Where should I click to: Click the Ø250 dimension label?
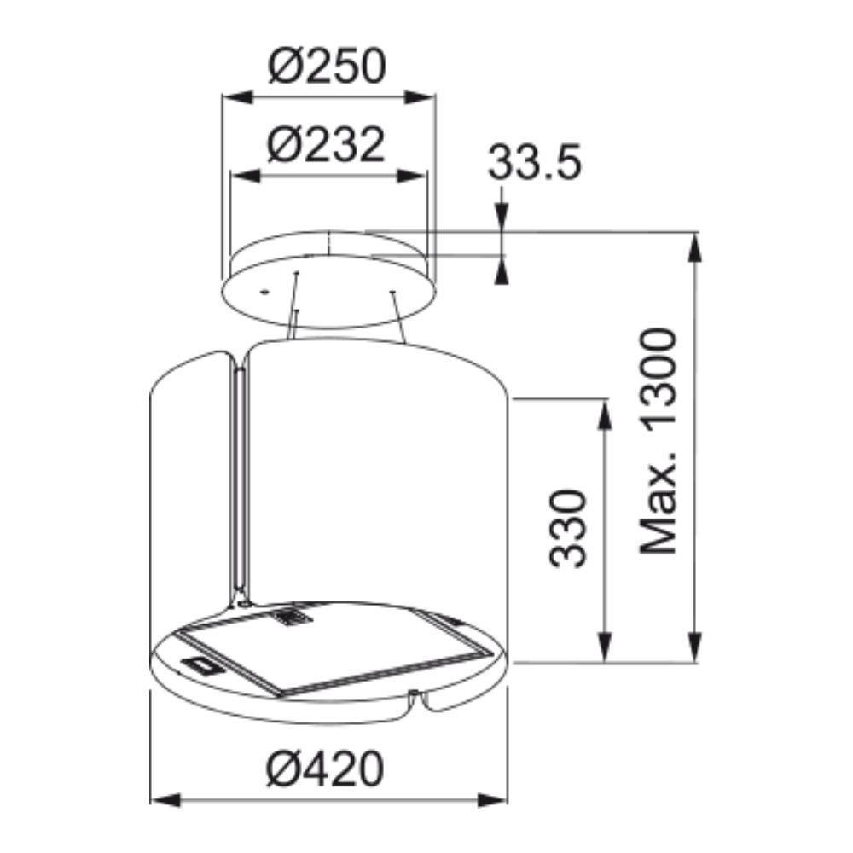coord(327,66)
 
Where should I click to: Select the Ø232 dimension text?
coord(326,145)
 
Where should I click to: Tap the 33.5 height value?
coord(534,162)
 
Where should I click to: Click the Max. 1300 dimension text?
coord(659,442)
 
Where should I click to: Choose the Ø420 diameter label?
coord(325,769)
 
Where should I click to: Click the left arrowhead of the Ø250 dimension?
coord(237,98)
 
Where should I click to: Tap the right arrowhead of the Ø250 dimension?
coord(420,98)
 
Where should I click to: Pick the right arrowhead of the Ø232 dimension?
coord(410,177)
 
